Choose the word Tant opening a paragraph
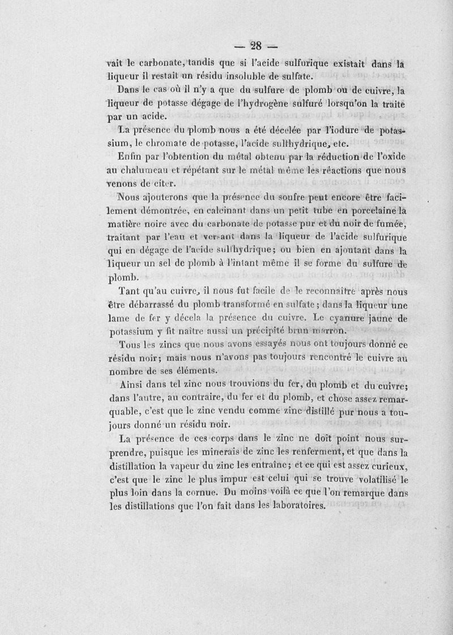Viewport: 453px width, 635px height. point(130,293)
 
